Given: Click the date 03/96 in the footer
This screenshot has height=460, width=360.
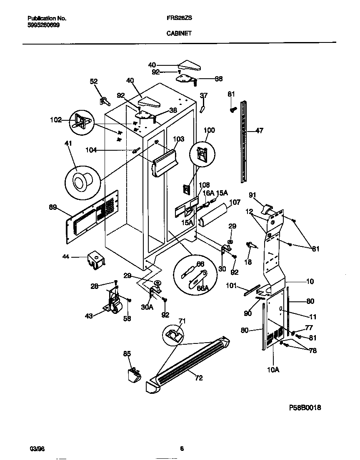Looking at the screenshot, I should coord(36,448).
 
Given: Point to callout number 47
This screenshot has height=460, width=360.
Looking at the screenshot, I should coord(259,131).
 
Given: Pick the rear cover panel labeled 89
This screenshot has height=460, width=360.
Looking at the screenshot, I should coord(92,219).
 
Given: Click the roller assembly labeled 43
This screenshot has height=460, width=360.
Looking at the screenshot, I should coord(113,302).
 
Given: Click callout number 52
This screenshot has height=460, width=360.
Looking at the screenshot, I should coord(94,82).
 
